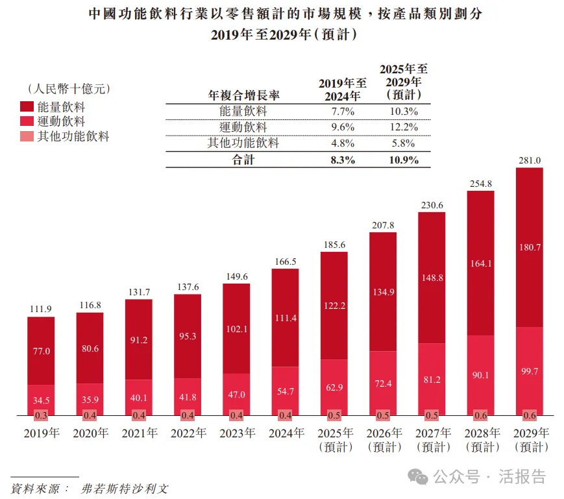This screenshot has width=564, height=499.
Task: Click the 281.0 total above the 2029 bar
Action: click(529, 160)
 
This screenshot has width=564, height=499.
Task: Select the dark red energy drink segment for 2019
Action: click(41, 350)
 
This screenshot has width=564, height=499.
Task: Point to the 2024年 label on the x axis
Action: click(284, 433)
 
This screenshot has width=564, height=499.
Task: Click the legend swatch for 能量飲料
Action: click(27, 106)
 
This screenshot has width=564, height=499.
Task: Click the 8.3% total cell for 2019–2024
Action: click(342, 160)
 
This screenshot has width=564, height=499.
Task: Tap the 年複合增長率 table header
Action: click(243, 95)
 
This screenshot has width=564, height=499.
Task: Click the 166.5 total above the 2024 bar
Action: click(285, 262)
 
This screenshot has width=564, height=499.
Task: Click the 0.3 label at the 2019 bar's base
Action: click(41, 415)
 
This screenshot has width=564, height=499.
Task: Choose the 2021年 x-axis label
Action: click(138, 433)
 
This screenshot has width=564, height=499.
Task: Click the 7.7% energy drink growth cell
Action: click(342, 111)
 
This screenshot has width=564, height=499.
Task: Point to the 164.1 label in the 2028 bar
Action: click(480, 263)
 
